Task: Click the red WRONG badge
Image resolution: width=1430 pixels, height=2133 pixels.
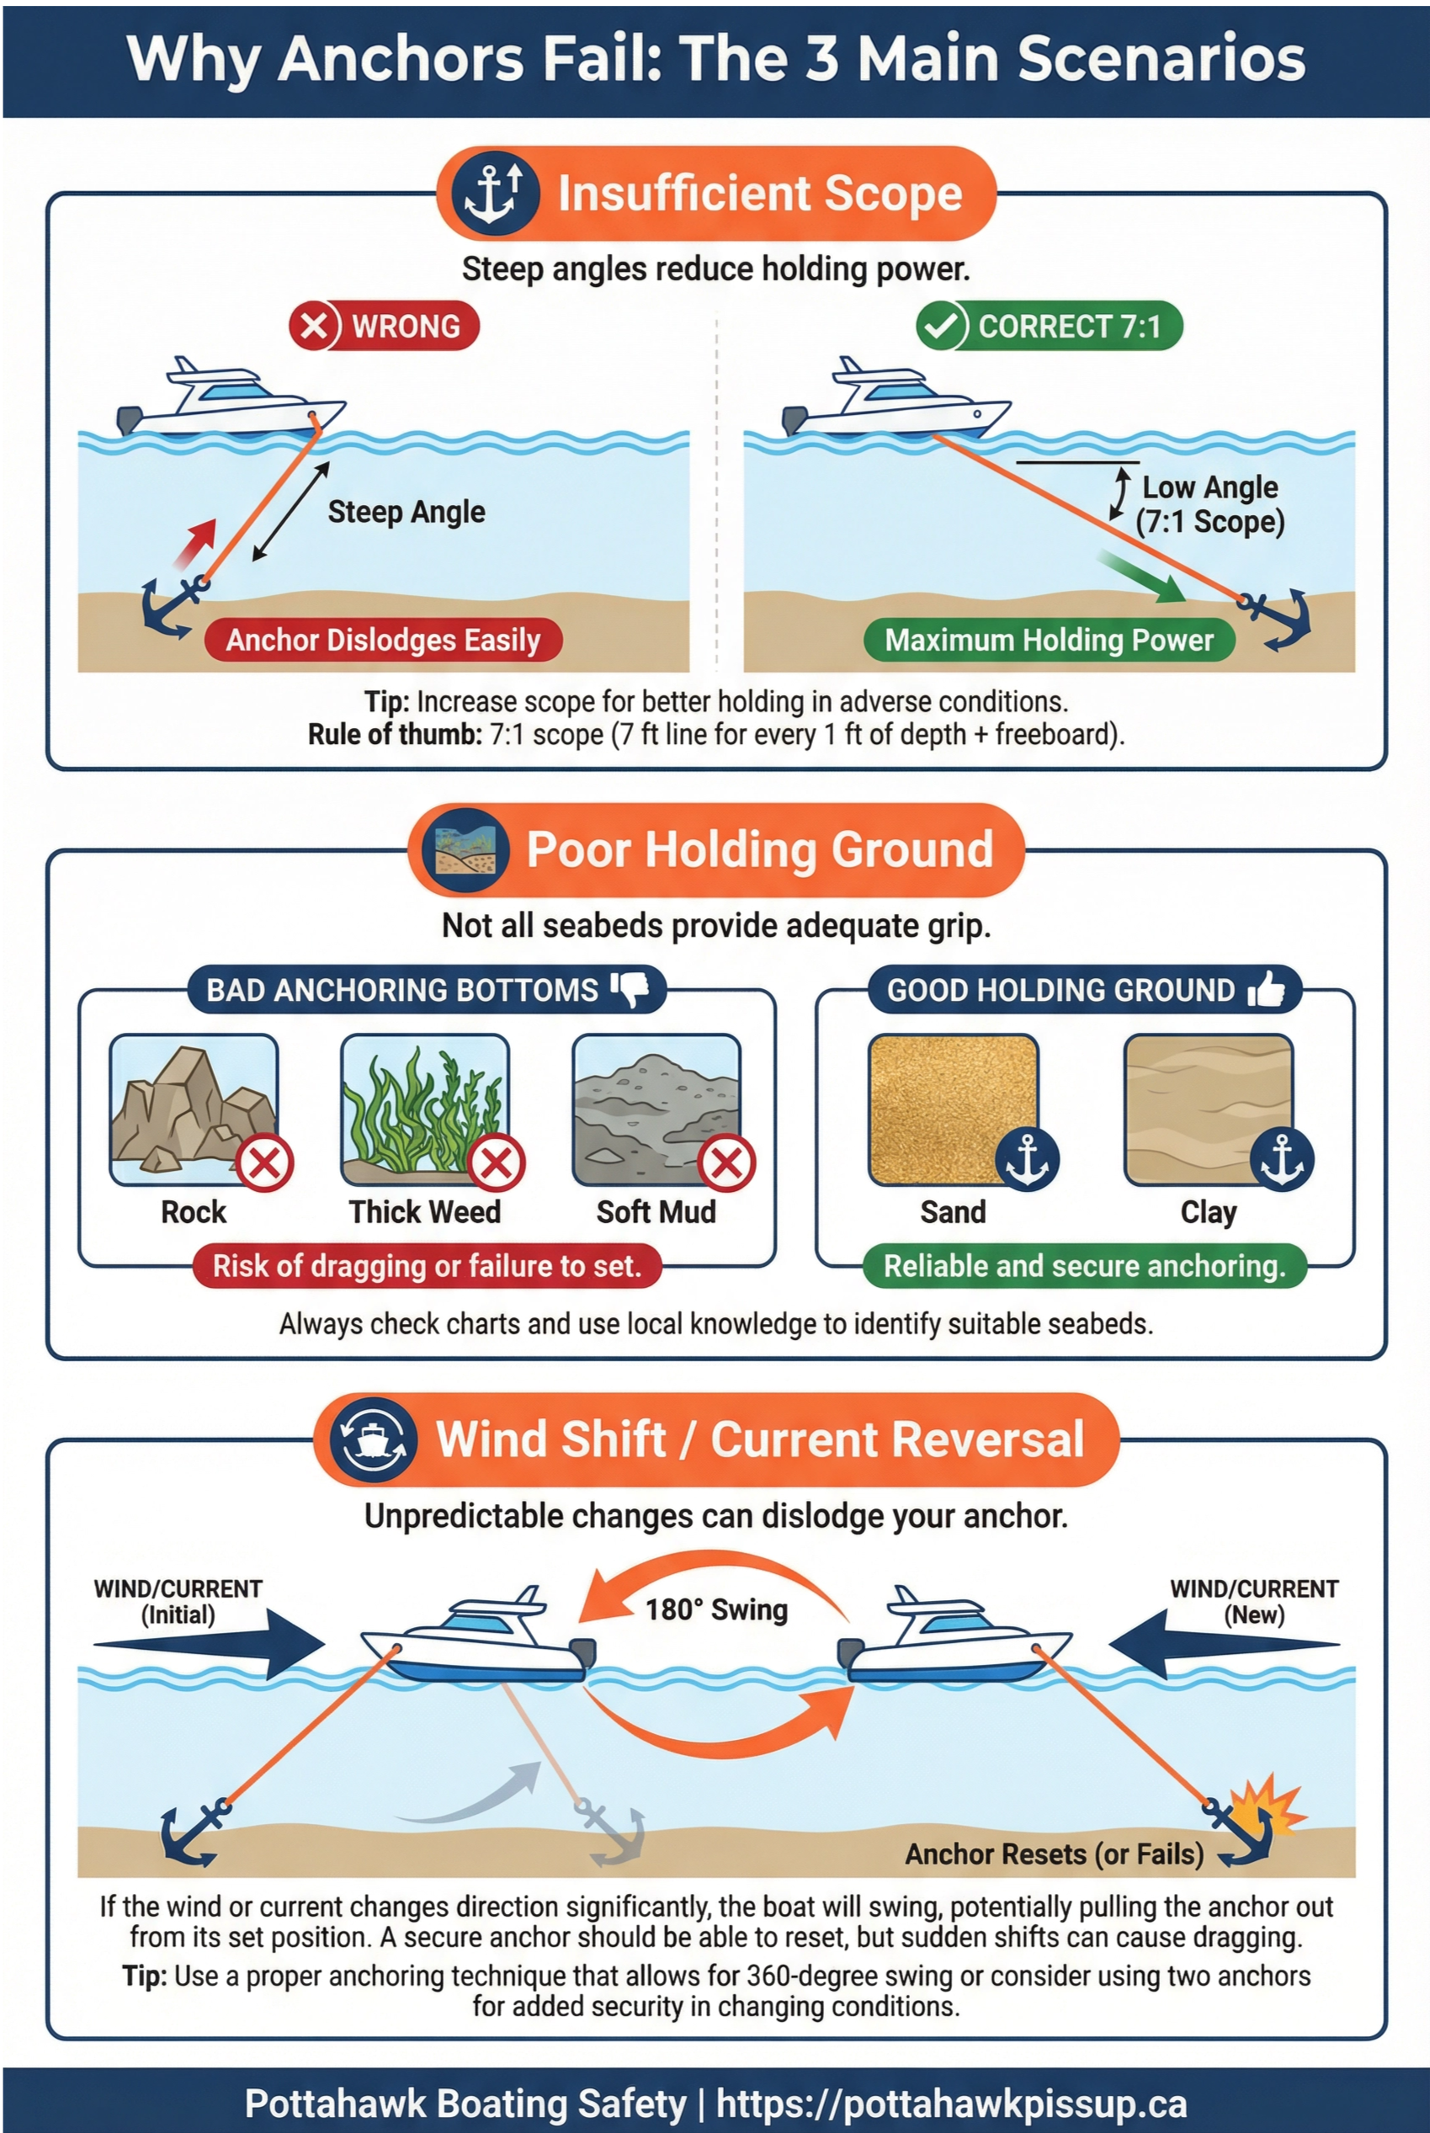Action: (x=384, y=326)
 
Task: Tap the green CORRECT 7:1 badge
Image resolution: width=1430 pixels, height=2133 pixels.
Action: (x=1049, y=326)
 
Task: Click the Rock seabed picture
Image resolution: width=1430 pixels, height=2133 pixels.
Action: (x=194, y=1109)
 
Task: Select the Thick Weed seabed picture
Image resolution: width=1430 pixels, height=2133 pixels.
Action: (x=424, y=1109)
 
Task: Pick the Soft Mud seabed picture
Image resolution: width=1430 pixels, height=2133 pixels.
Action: (x=656, y=1109)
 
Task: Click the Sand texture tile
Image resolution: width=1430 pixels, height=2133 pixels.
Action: (x=953, y=1109)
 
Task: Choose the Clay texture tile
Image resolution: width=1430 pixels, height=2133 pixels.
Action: (x=1209, y=1109)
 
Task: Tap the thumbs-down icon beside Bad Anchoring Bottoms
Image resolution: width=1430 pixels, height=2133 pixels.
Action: (x=630, y=987)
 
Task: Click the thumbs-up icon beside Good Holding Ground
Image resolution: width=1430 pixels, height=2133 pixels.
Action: (x=1267, y=987)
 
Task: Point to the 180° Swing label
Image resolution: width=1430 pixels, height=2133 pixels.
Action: (x=716, y=1609)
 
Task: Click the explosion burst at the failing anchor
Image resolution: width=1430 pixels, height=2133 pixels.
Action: (x=1269, y=1804)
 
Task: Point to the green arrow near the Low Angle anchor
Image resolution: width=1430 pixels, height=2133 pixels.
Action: (x=1142, y=577)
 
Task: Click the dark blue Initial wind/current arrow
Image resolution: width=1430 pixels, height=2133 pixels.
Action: (x=210, y=1645)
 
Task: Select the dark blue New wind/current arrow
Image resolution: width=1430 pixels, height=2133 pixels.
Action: (x=1222, y=1645)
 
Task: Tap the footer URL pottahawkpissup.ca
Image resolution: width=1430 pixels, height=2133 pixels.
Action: (x=951, y=2103)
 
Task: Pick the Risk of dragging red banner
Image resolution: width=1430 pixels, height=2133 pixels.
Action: (x=427, y=1266)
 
